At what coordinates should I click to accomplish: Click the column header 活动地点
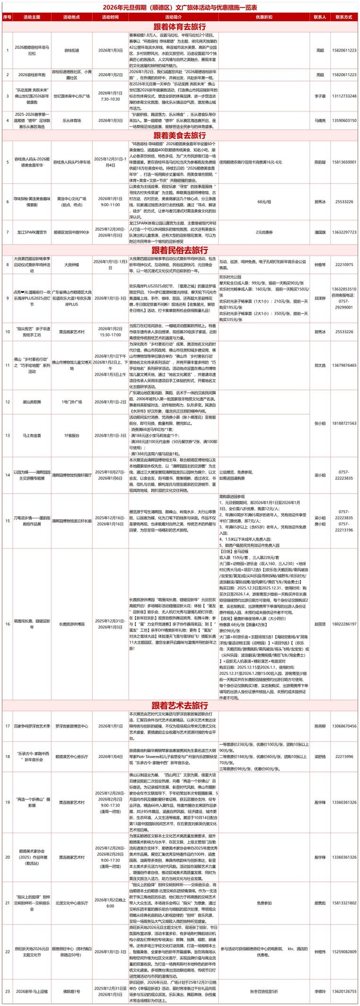point(69,17)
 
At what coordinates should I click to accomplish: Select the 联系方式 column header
point(343,17)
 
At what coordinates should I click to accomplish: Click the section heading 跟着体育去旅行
point(179,26)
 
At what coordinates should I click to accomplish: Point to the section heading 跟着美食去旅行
point(179,136)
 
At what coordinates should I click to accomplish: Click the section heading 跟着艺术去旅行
point(179,706)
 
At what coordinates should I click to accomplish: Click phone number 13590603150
point(343,120)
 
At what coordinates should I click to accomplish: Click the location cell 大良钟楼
point(69,263)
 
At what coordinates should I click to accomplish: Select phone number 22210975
point(343,263)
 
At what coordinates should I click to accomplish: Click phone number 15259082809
point(343,952)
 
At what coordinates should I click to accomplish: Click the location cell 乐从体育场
point(69,120)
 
